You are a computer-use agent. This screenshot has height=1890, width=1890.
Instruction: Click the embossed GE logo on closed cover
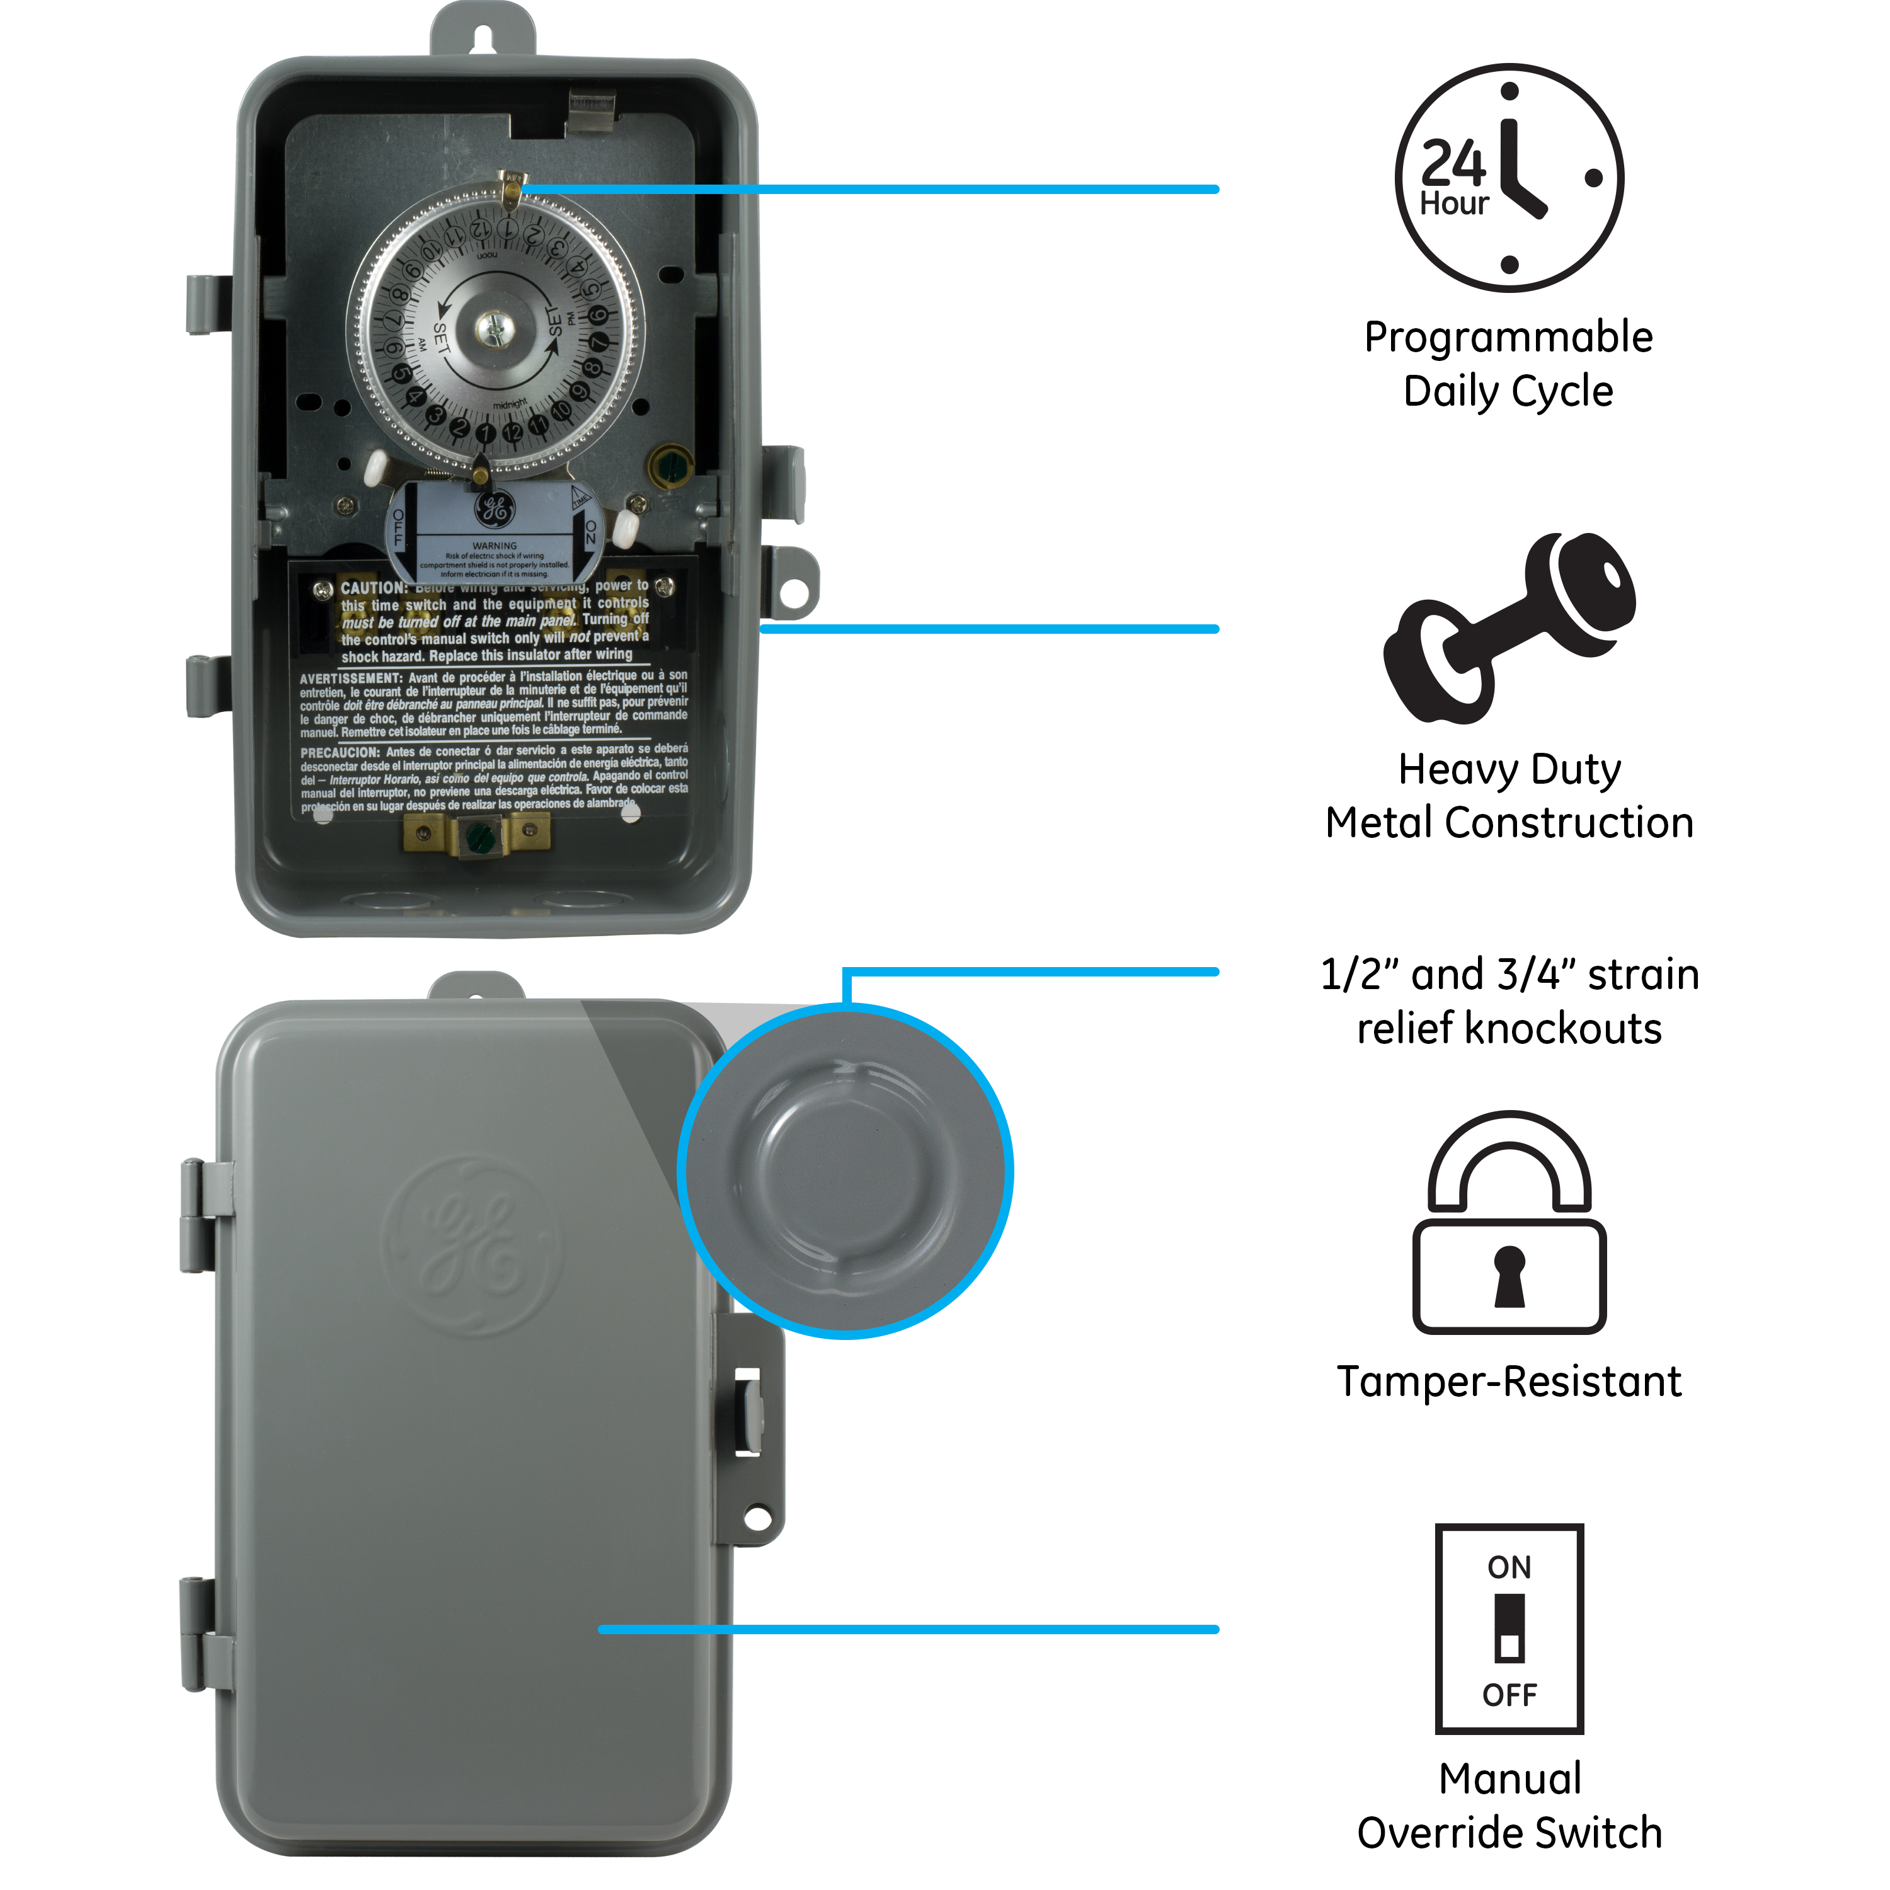click(x=472, y=1246)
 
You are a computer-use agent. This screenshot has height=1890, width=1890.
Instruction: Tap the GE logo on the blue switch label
click(x=494, y=508)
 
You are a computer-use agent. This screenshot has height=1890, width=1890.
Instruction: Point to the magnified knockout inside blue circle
click(x=846, y=1171)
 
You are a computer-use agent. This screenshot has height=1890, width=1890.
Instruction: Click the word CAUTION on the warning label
click(x=372, y=588)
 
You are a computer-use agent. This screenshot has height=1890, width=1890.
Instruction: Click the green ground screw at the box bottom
click(x=478, y=837)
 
